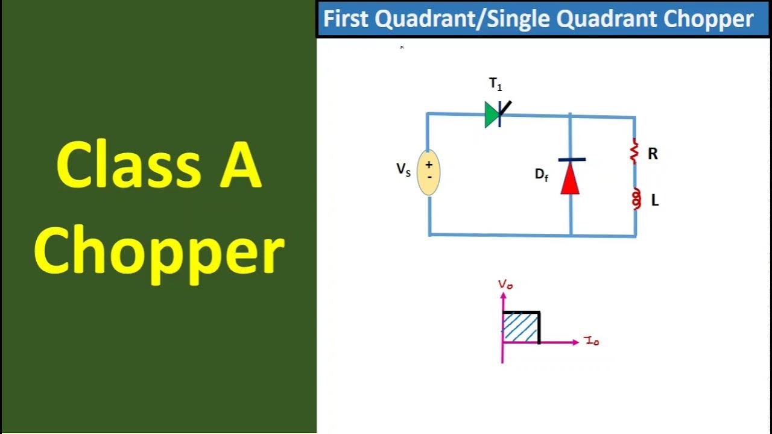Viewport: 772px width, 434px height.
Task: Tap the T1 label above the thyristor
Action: (x=495, y=85)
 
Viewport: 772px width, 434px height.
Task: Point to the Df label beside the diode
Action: (x=542, y=175)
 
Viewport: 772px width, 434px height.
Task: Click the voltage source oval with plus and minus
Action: (x=429, y=172)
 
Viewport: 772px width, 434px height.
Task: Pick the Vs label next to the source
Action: (x=403, y=170)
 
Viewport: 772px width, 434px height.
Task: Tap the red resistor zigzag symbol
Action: (x=634, y=151)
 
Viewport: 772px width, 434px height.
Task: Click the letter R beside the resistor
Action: (x=653, y=154)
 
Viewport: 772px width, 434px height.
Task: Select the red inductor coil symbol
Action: (x=636, y=199)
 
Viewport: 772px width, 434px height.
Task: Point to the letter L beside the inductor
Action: (x=655, y=201)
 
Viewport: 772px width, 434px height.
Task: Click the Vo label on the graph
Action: (x=505, y=285)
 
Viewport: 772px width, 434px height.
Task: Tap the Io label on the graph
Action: (x=592, y=342)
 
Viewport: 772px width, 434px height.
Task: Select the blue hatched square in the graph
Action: (x=520, y=328)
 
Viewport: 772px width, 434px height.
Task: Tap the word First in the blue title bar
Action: (x=346, y=19)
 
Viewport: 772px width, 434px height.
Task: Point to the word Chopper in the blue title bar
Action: (x=709, y=19)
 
